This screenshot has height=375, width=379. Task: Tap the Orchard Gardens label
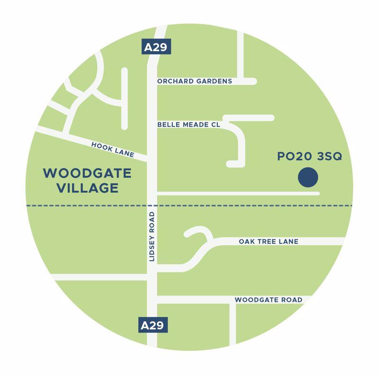point(194,81)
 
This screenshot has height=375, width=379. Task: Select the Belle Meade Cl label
point(189,125)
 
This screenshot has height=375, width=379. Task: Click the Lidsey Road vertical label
point(152,237)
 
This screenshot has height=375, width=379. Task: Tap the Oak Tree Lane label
point(269,242)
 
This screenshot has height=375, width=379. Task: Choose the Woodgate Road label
point(268,300)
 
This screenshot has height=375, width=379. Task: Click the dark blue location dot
point(308,178)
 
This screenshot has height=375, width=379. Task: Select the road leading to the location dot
point(237,193)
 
